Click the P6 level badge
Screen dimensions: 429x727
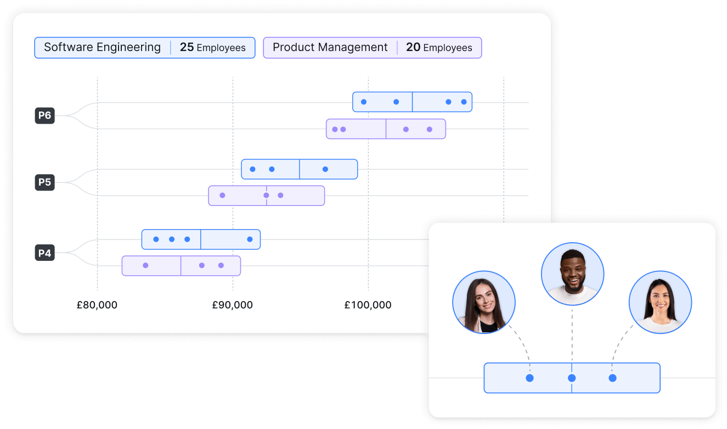click(x=45, y=116)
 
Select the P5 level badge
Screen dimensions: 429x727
click(x=45, y=182)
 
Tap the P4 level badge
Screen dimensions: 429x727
click(x=45, y=253)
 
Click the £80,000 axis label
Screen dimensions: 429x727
click(x=97, y=305)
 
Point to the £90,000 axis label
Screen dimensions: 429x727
click(x=233, y=305)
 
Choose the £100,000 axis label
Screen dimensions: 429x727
click(x=368, y=305)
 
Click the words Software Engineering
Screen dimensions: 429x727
click(x=103, y=47)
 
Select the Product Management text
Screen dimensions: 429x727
click(x=330, y=47)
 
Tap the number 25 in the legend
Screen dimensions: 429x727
click(x=187, y=47)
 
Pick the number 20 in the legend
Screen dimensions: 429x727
click(x=413, y=47)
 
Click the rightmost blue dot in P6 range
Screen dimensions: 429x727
click(x=464, y=102)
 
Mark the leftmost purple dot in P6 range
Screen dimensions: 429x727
click(x=335, y=130)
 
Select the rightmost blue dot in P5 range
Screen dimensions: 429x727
click(x=325, y=169)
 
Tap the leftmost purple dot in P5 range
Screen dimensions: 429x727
click(x=222, y=195)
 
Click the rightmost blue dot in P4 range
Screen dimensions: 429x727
click(x=250, y=239)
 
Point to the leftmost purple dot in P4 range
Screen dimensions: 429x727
click(x=145, y=265)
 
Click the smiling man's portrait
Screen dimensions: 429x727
click(x=572, y=274)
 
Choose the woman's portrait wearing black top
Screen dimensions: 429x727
click(x=484, y=302)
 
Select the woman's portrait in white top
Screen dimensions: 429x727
click(x=660, y=302)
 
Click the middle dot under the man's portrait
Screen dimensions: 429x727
click(x=572, y=378)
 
